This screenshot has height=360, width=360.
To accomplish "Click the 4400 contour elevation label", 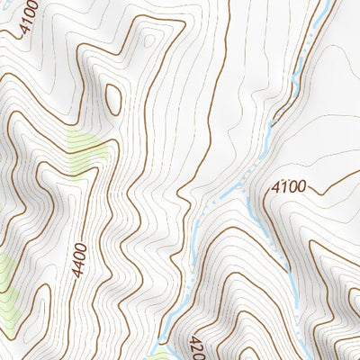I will (x=82, y=256).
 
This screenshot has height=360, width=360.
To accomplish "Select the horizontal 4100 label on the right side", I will (x=289, y=187).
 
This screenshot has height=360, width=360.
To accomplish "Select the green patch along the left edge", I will (x=7, y=279).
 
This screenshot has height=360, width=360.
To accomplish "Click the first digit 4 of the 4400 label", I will (x=78, y=272).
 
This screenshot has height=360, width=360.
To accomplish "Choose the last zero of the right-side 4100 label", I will (x=301, y=186).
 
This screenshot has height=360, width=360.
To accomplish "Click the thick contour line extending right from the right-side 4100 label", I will (x=333, y=180).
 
